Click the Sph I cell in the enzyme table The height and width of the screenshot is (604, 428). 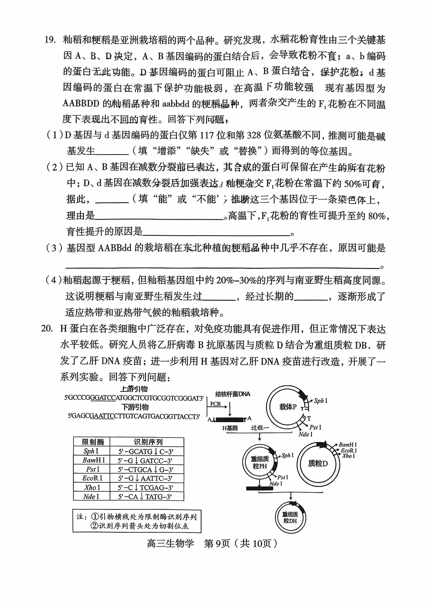(91, 451)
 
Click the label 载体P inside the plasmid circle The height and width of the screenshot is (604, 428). (288, 407)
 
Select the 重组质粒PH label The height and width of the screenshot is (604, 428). (260, 462)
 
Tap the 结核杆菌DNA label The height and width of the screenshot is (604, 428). (233, 394)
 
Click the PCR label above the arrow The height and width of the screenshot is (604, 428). (216, 404)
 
